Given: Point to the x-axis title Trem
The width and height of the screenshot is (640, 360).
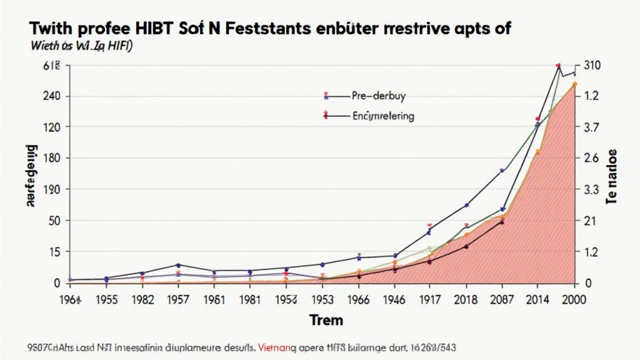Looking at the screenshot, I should click(326, 321).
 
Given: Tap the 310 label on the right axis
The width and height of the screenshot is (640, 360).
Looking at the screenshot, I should click(591, 65).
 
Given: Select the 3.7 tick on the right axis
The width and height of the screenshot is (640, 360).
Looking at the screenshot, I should click(591, 127).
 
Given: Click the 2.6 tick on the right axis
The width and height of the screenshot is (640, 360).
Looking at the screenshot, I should click(591, 159).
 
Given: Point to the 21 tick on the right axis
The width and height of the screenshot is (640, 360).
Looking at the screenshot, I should click(589, 221).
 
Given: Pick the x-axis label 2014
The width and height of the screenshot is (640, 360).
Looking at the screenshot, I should click(538, 299).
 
